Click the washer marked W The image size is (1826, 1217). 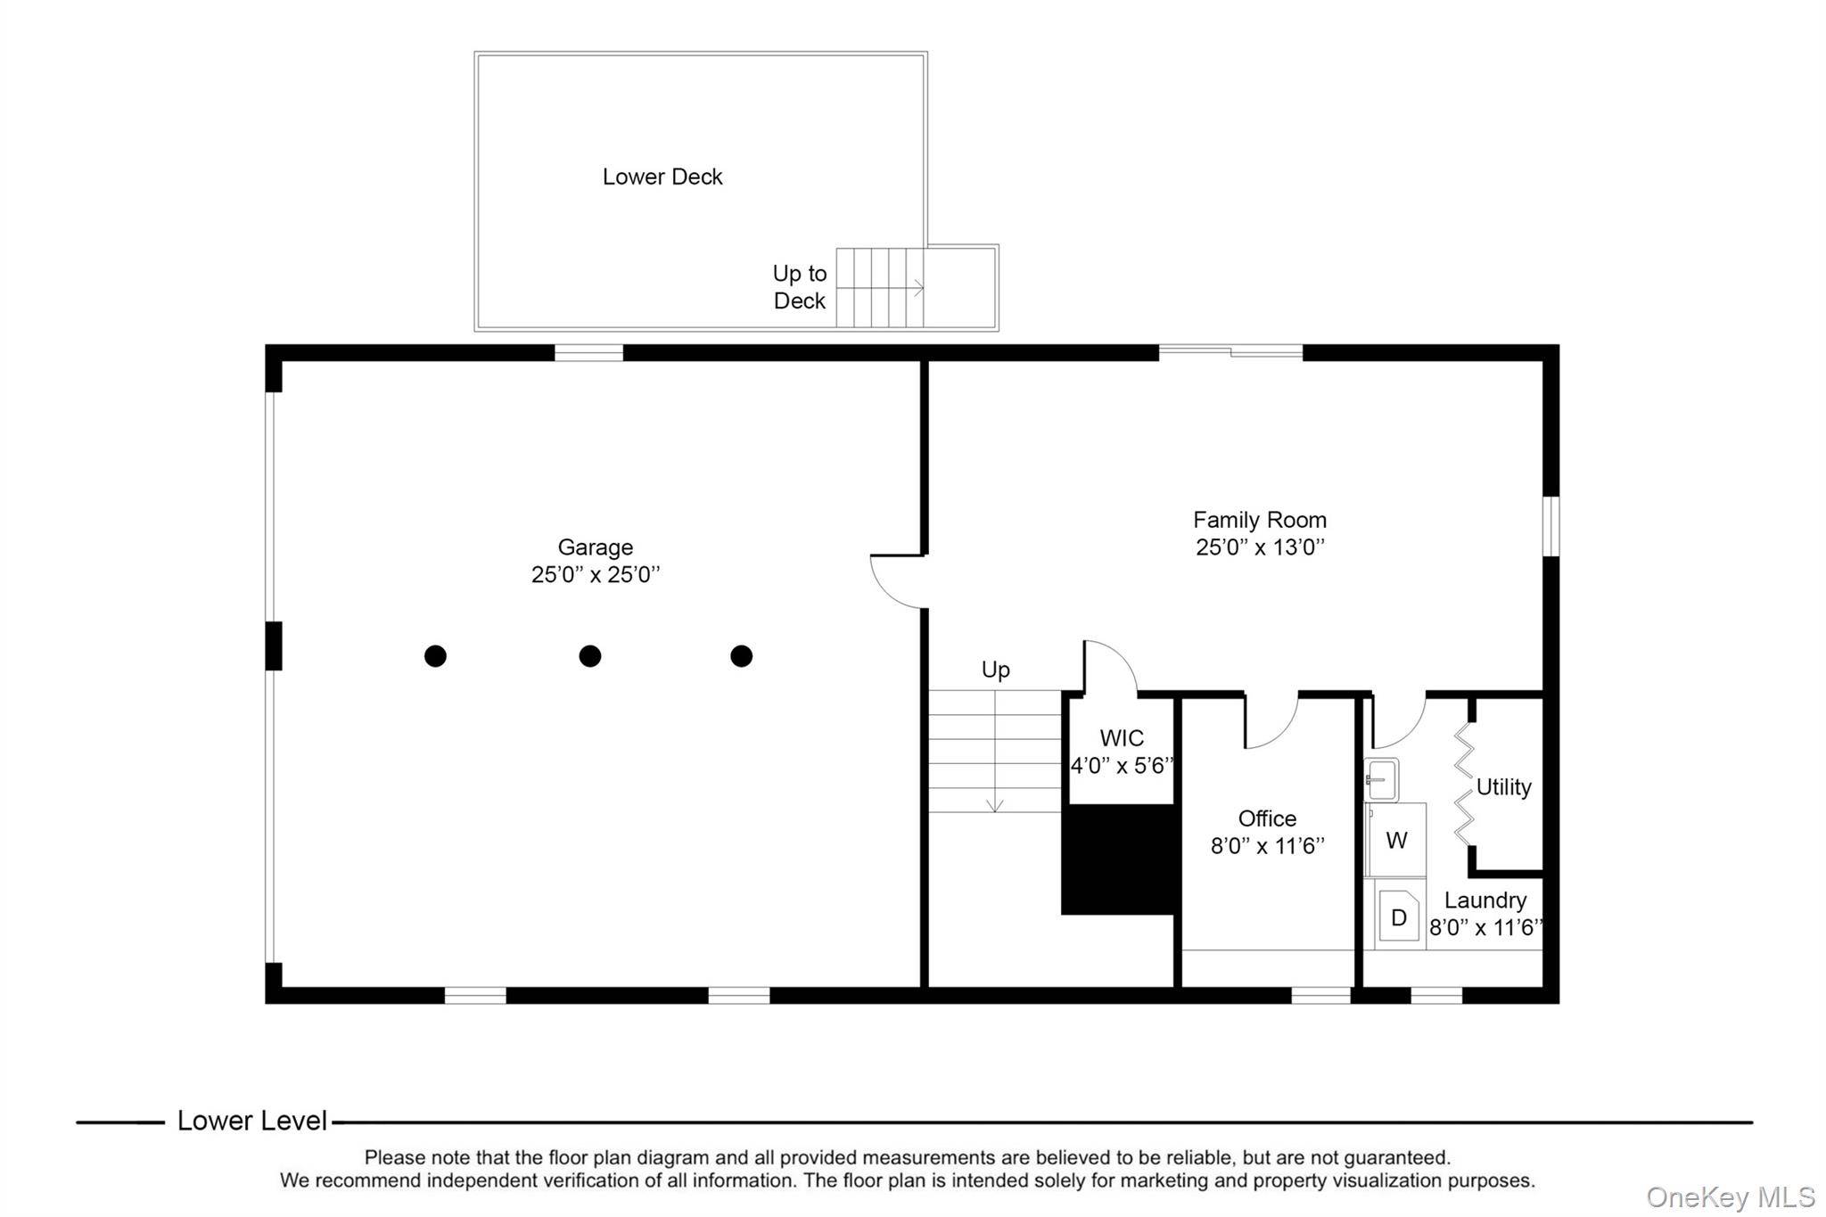(x=1396, y=840)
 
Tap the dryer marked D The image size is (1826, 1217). (x=1399, y=915)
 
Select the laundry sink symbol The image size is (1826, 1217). (x=1381, y=779)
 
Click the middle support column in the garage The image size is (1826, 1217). (x=590, y=656)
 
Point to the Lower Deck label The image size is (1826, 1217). (x=662, y=177)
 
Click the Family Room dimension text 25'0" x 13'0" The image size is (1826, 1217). (x=1260, y=547)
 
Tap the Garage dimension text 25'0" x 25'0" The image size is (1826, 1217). (x=596, y=574)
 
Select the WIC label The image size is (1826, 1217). (x=1122, y=738)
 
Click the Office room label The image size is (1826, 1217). (x=1267, y=818)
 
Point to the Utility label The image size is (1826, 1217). (x=1503, y=786)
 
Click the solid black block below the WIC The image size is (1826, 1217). (x=1118, y=859)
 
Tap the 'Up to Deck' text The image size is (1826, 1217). (x=800, y=287)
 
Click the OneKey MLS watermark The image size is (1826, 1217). (x=1731, y=1196)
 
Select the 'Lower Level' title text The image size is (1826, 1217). (x=252, y=1121)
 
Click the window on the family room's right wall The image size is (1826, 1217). (x=1551, y=526)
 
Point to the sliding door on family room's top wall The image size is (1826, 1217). (x=1230, y=351)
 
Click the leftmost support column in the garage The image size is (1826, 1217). (x=435, y=656)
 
